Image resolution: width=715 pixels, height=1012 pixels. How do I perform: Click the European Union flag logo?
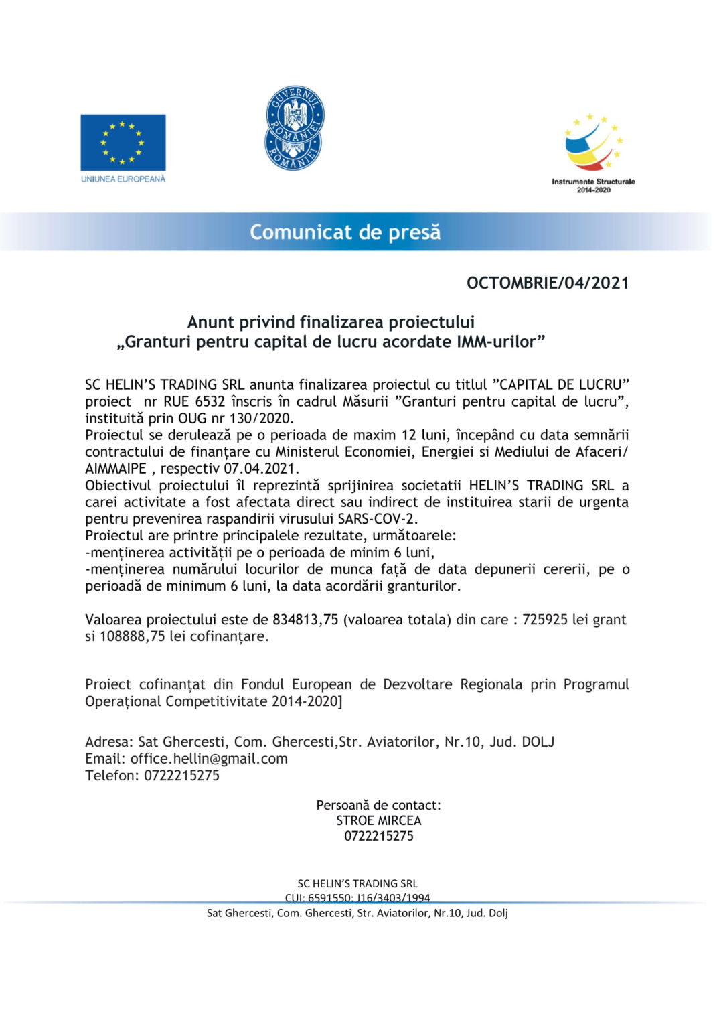pyautogui.click(x=123, y=142)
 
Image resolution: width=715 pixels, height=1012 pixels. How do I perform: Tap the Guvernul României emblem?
pyautogui.click(x=295, y=128)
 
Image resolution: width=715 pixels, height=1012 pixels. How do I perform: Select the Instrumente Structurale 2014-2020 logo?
pyautogui.click(x=593, y=154)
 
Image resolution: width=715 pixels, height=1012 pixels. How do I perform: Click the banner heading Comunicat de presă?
pyautogui.click(x=345, y=232)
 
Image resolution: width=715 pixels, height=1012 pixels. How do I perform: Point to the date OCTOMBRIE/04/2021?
pyautogui.click(x=548, y=283)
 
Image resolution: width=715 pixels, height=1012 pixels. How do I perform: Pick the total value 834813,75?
pyautogui.click(x=305, y=620)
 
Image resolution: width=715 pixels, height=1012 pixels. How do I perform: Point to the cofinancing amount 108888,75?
pyautogui.click(x=132, y=636)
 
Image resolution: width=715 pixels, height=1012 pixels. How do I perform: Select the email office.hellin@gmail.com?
pyautogui.click(x=209, y=759)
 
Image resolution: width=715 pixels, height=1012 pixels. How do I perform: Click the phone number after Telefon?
pyautogui.click(x=181, y=776)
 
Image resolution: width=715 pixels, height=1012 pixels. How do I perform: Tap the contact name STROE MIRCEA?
pyautogui.click(x=379, y=820)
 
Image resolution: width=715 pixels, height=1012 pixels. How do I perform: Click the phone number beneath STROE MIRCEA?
pyautogui.click(x=379, y=836)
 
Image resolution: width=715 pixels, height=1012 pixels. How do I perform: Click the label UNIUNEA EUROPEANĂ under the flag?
pyautogui.click(x=123, y=179)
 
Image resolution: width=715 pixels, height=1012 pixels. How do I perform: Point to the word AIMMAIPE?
pyautogui.click(x=115, y=469)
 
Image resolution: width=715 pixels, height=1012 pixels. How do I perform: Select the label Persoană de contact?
pyautogui.click(x=379, y=805)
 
